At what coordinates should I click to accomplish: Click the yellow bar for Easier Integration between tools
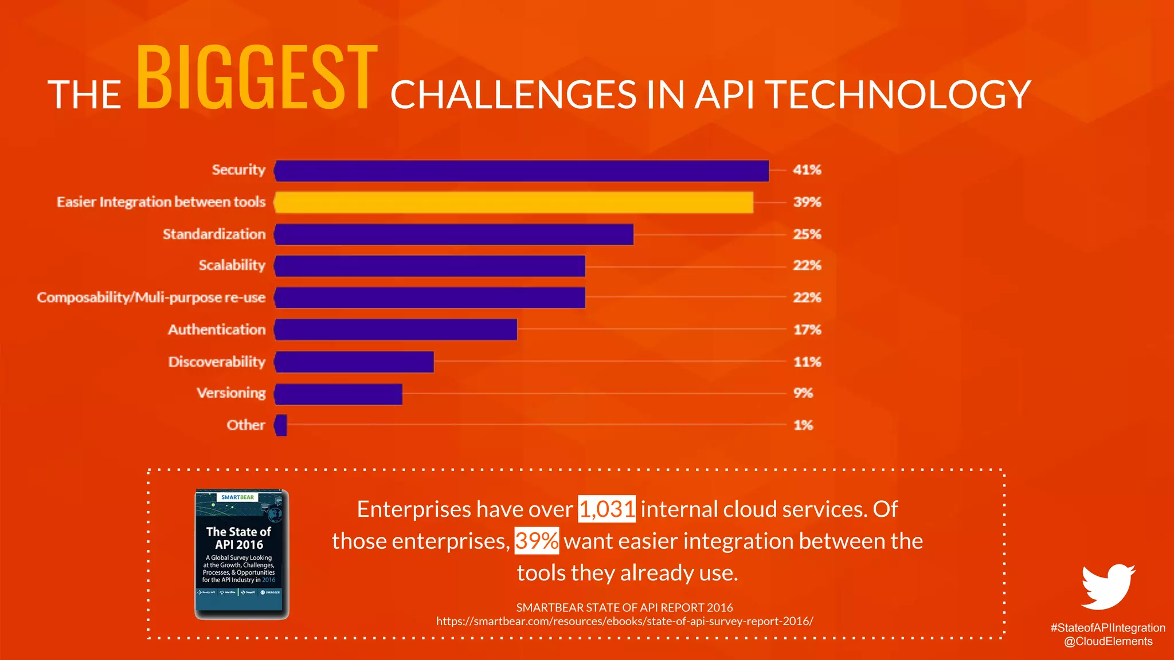(x=514, y=202)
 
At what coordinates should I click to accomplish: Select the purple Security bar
(x=522, y=171)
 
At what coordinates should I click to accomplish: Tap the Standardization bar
(x=454, y=234)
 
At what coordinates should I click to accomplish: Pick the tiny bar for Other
(x=281, y=425)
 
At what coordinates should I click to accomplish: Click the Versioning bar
(x=339, y=394)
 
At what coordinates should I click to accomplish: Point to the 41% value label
(x=807, y=170)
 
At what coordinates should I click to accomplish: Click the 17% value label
(x=807, y=330)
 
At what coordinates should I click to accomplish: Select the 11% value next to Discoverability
(x=807, y=362)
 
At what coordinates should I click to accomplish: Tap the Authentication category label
(x=217, y=329)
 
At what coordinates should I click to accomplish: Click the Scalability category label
(x=232, y=265)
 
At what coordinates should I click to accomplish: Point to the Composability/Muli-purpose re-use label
(x=151, y=297)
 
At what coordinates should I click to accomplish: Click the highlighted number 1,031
(x=606, y=509)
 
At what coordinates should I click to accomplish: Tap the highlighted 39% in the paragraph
(x=536, y=541)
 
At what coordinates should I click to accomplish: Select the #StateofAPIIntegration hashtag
(x=1108, y=628)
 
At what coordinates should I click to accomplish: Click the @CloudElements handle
(x=1108, y=642)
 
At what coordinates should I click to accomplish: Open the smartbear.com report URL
(x=624, y=621)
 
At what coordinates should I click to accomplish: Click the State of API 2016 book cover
(x=241, y=554)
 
